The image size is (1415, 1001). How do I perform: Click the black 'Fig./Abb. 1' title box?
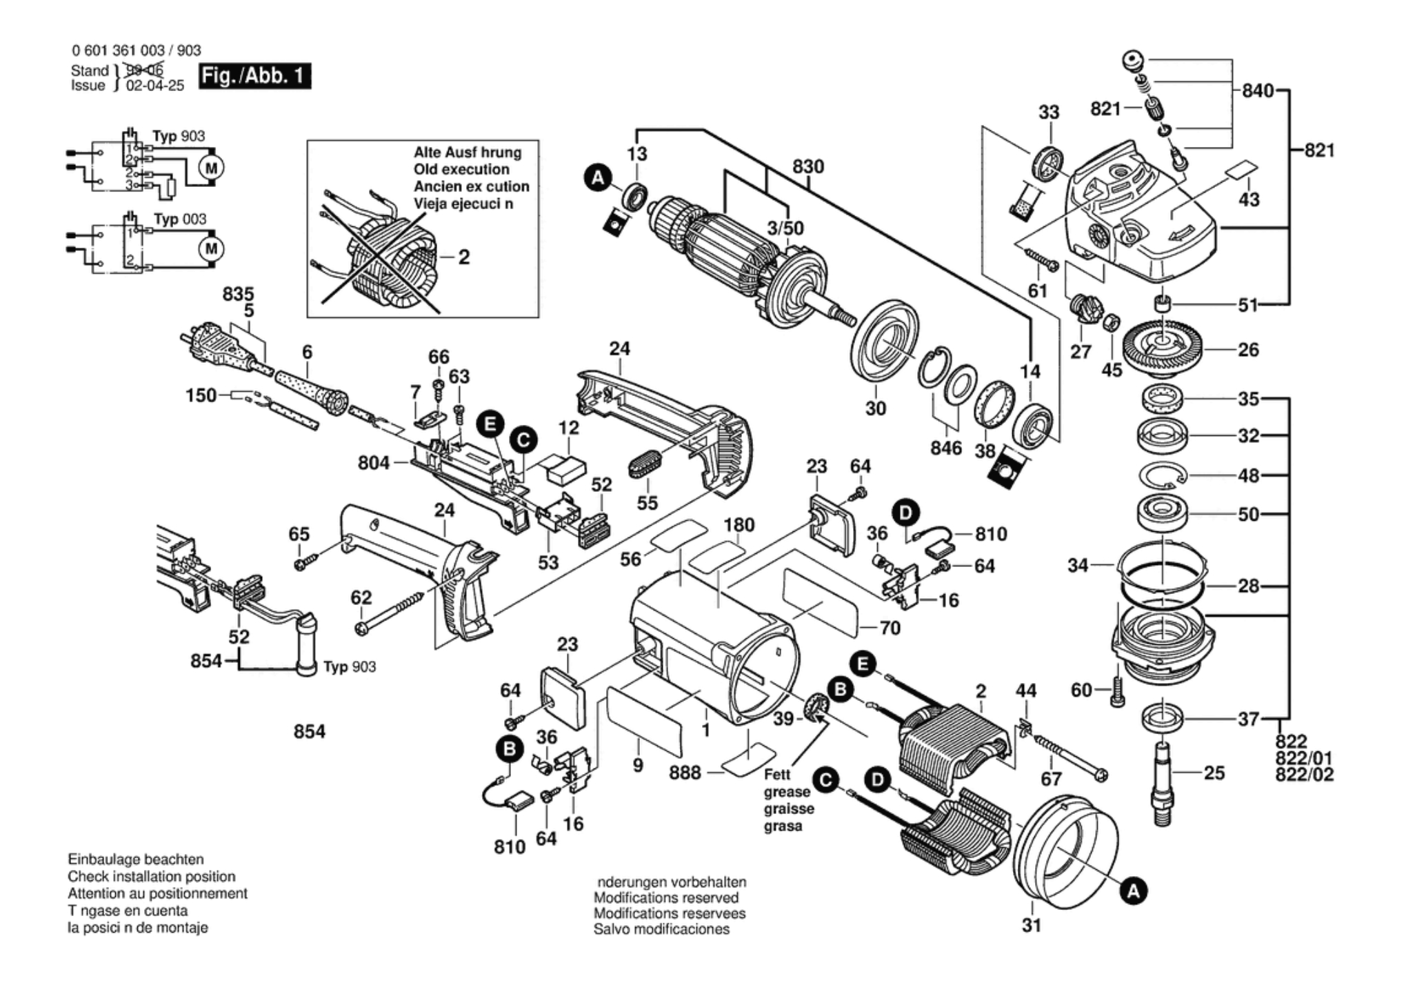254,76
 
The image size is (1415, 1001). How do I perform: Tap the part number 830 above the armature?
807,167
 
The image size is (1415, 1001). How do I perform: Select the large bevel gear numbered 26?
1163,348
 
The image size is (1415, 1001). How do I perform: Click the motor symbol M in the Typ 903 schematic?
212,168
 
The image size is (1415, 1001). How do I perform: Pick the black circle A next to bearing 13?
597,178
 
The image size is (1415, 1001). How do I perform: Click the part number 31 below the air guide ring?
1031,925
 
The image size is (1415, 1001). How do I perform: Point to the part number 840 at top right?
1257,91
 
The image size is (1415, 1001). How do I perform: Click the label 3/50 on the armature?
786,228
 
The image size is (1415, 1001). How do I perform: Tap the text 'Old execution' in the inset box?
461,170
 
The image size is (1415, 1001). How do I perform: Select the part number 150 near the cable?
201,396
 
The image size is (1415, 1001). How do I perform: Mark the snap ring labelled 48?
1163,475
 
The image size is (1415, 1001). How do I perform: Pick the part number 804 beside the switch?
373,463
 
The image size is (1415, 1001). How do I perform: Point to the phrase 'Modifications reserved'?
665,898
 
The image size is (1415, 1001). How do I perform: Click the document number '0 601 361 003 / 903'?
136,50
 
